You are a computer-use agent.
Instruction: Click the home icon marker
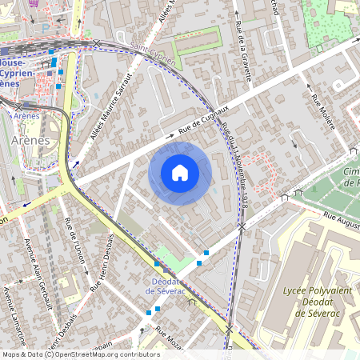[180, 173]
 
